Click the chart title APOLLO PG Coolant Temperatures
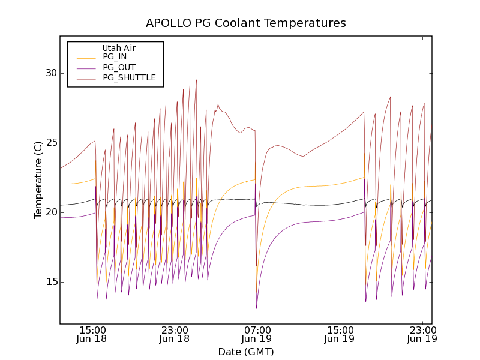[x=246, y=23]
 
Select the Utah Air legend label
[x=119, y=48]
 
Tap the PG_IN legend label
[x=115, y=57]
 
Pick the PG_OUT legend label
[x=119, y=67]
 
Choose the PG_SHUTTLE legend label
[x=129, y=77]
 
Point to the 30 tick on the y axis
[x=50, y=73]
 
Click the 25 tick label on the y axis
[x=50, y=143]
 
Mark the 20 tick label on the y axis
[x=50, y=212]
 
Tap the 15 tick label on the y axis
[x=50, y=282]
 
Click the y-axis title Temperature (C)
[x=38, y=180]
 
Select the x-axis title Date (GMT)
[x=246, y=352]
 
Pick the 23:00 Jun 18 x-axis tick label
[x=175, y=334]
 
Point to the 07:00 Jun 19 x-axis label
[x=257, y=334]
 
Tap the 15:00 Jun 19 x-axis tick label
[x=340, y=334]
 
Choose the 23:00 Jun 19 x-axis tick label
[x=422, y=334]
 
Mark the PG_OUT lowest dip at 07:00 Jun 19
[x=257, y=308]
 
